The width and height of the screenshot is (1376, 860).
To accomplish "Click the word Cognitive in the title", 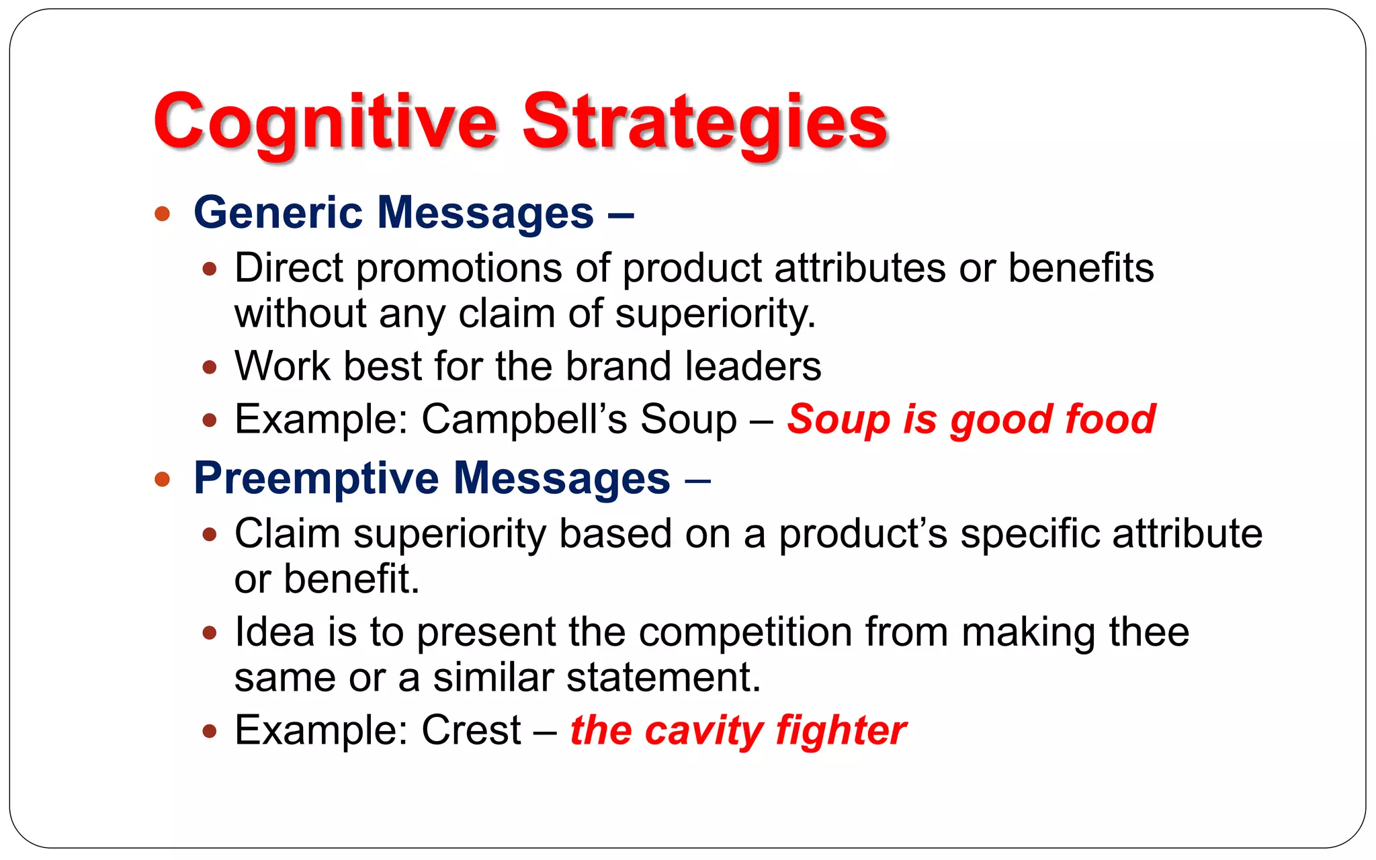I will (x=325, y=122).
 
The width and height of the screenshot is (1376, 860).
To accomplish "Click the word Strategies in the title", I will (x=705, y=122).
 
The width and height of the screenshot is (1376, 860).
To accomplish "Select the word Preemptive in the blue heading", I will (x=316, y=478).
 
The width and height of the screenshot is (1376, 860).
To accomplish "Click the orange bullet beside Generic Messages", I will (x=162, y=214).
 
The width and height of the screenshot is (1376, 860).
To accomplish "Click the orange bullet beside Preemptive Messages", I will (x=162, y=480).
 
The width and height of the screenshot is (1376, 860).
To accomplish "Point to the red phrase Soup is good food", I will (x=971, y=419).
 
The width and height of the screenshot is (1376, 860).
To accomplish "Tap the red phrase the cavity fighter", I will (x=738, y=730).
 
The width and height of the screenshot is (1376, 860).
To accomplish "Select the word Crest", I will (x=471, y=730).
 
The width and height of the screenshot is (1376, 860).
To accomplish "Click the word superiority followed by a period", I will (x=715, y=314).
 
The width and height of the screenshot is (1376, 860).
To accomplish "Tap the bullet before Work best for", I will (x=210, y=368).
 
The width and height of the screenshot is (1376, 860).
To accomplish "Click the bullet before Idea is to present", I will (x=210, y=633).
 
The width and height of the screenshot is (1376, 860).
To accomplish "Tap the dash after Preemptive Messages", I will (x=698, y=480).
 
